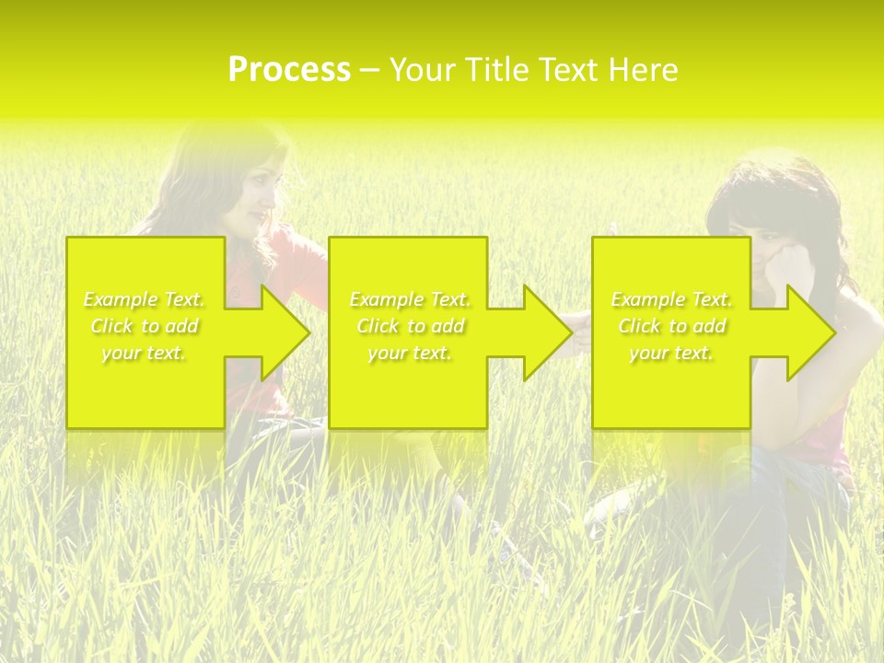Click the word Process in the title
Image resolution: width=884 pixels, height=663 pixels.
click(x=289, y=70)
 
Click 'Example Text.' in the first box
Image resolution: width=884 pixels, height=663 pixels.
click(x=145, y=299)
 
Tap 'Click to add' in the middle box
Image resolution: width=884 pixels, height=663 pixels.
click(x=410, y=326)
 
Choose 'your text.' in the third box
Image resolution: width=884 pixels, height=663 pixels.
click(x=671, y=353)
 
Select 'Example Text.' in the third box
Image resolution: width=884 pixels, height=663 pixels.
click(x=671, y=299)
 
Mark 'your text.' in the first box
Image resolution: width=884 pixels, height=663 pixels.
click(x=145, y=353)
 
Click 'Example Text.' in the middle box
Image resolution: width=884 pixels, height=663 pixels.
click(x=410, y=299)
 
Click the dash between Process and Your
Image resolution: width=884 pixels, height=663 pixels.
click(x=369, y=70)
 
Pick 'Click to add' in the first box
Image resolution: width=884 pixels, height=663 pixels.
click(x=145, y=326)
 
